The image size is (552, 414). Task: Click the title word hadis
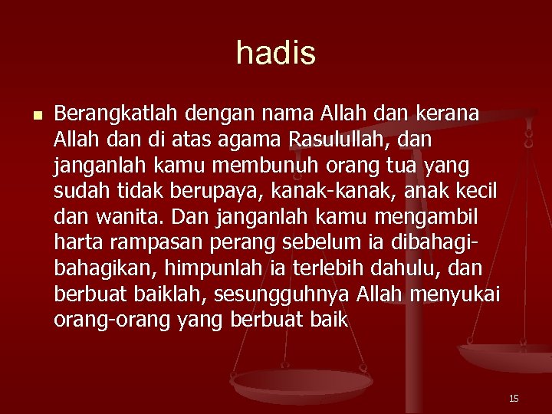pos(276,53)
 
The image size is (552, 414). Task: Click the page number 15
pos(514,399)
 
